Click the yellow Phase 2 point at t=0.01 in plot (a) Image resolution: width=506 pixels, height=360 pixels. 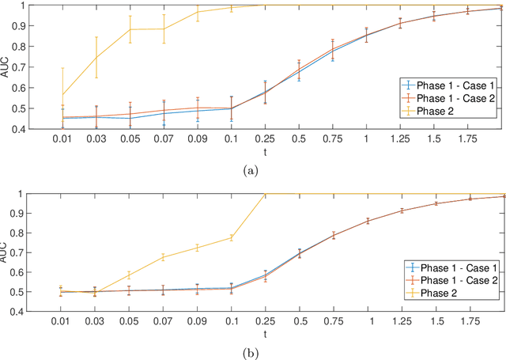[x=62, y=95]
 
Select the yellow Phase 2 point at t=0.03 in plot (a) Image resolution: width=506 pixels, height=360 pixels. [x=96, y=57]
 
